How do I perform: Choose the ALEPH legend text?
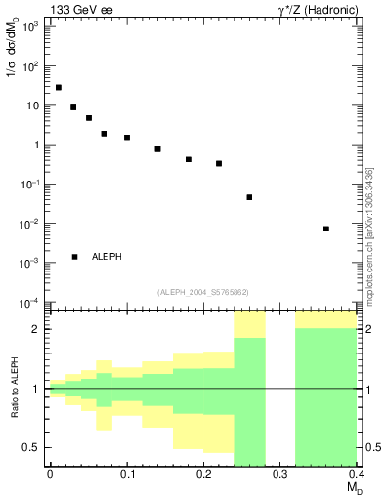107,257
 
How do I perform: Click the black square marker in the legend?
74,257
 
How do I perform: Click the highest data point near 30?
59,88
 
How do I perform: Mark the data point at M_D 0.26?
249,197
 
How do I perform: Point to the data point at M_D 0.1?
127,138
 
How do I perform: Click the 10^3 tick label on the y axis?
31,27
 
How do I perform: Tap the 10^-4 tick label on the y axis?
31,302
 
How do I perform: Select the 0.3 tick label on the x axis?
280,474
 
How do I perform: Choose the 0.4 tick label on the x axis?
356,474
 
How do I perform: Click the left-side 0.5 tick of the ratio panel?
33,447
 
